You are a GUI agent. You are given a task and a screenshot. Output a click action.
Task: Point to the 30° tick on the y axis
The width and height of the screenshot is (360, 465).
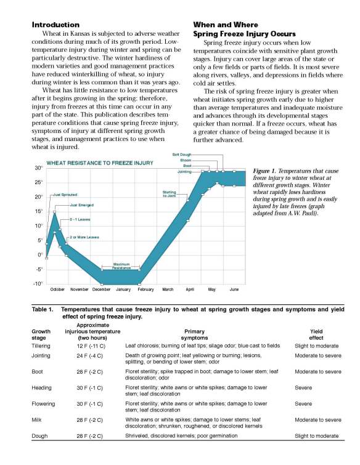(x=38, y=168)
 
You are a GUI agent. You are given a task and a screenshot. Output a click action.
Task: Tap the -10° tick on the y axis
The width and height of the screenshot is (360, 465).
(x=38, y=283)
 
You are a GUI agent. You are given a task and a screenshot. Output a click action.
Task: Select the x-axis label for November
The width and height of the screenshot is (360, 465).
(x=80, y=289)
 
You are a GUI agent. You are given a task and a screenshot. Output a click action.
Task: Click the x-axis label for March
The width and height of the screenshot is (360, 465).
(x=168, y=289)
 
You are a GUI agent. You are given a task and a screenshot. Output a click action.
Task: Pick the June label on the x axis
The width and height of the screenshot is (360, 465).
(x=234, y=289)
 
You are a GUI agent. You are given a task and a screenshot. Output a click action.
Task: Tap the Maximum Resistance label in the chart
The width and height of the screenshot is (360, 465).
(x=121, y=265)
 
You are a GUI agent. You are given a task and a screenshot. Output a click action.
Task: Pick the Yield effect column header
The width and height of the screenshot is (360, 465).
(x=316, y=334)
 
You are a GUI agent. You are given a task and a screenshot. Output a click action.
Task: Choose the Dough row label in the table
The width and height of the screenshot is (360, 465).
(x=40, y=435)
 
